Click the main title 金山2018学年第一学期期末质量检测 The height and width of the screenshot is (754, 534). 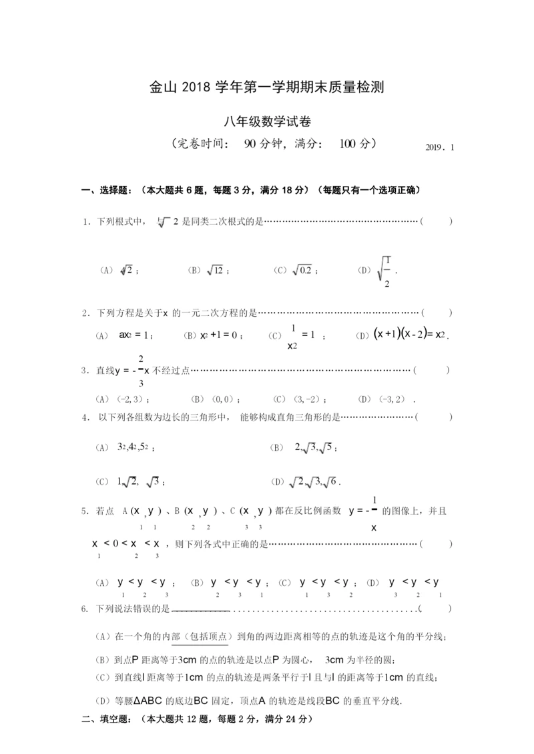(267, 87)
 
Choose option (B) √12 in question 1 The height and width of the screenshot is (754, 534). (209, 270)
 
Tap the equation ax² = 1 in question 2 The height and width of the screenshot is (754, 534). (136, 335)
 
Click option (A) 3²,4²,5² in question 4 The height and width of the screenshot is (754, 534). (136, 447)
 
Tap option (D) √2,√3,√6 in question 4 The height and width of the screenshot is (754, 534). (315, 481)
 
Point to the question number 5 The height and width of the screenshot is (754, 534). (85, 511)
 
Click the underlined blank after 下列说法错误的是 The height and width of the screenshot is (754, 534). (201, 609)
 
